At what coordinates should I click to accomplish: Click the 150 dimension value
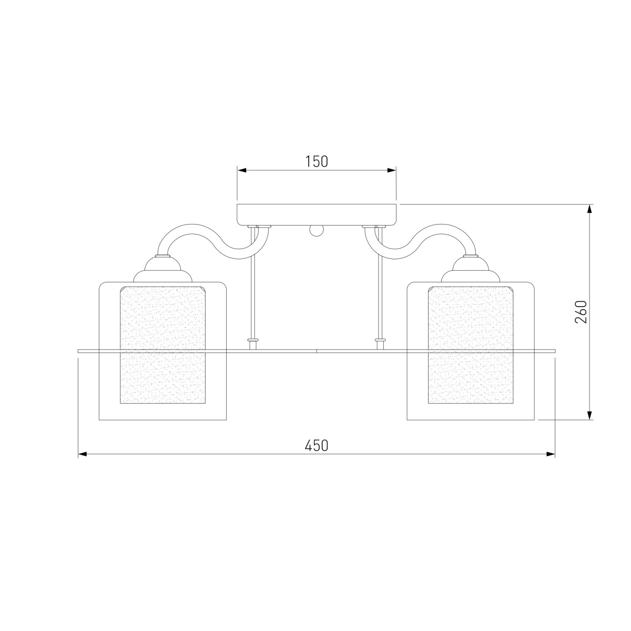pyautogui.click(x=317, y=162)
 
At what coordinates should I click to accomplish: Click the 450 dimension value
pyautogui.click(x=317, y=446)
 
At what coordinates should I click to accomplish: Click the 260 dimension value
pyautogui.click(x=581, y=311)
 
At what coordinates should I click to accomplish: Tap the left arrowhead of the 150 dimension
pyautogui.click(x=242, y=170)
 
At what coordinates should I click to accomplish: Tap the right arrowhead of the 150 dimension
pyautogui.click(x=392, y=170)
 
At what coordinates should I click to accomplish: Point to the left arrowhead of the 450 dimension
pyautogui.click(x=83, y=454)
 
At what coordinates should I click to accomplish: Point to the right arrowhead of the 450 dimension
pyautogui.click(x=551, y=454)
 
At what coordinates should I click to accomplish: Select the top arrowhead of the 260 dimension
pyautogui.click(x=590, y=209)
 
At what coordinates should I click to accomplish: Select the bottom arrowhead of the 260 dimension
pyautogui.click(x=590, y=415)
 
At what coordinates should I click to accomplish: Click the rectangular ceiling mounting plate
pyautogui.click(x=317, y=215)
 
